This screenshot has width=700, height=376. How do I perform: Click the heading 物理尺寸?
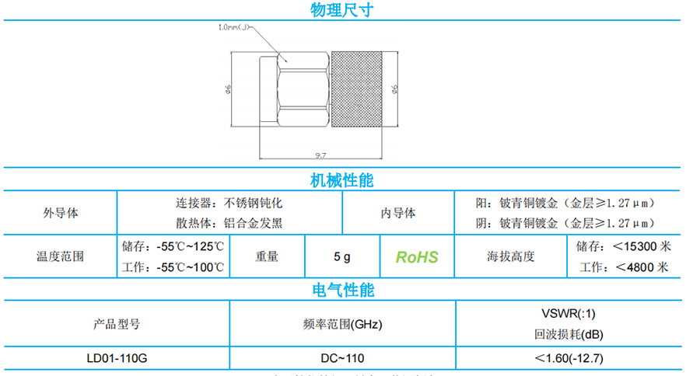click(342, 10)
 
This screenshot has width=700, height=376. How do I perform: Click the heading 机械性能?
click(342, 180)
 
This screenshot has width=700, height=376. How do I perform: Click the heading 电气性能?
click(342, 291)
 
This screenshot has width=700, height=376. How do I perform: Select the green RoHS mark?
click(417, 257)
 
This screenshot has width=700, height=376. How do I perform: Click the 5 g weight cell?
click(342, 257)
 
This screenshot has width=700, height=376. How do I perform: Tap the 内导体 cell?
click(397, 212)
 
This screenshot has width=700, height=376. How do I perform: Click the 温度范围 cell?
click(60, 257)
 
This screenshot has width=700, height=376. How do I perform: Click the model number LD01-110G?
click(117, 358)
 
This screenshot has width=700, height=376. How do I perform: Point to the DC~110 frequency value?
click(342, 358)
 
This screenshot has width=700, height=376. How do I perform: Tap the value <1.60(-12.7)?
click(569, 358)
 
